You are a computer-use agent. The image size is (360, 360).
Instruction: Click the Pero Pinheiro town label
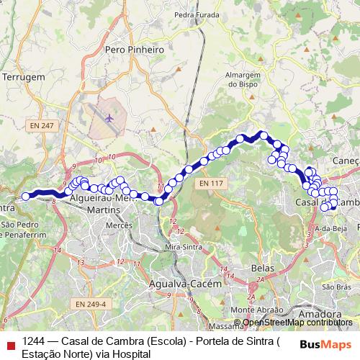135,50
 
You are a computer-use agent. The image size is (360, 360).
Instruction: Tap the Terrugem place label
24,76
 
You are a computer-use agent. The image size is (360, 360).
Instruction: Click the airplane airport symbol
109,117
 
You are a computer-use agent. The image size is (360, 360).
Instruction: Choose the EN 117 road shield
210,184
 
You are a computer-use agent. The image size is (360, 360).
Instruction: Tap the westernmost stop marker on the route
26,196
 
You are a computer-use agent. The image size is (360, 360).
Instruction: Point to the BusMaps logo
326,343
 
